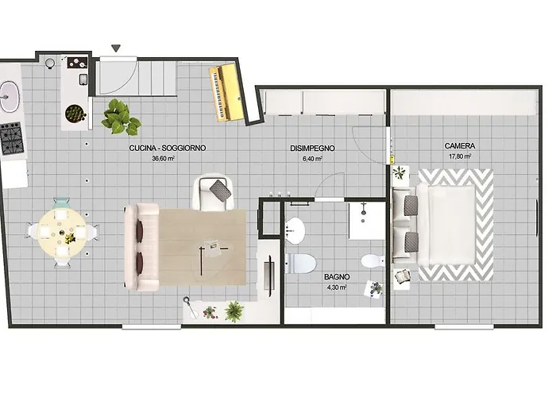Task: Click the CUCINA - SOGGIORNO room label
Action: point(168,148)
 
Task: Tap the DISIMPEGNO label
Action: point(312,148)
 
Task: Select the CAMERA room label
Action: point(460,145)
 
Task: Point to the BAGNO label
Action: point(337,277)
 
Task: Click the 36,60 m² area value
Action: point(163,159)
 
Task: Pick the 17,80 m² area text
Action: point(460,156)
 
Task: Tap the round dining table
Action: point(62,233)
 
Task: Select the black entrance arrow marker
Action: point(116,48)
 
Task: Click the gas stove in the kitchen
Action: point(12,139)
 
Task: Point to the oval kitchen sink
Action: point(9,96)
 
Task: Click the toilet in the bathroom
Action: point(300,264)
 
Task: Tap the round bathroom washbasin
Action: point(295,231)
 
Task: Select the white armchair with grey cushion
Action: point(213,192)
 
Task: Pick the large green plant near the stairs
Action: point(121,118)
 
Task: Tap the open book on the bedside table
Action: point(402,276)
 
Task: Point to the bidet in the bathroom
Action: point(373,261)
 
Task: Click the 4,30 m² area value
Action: point(337,287)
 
